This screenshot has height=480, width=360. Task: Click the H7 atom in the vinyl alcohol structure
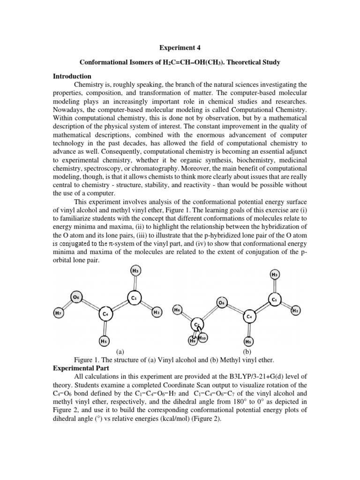[x=58, y=313]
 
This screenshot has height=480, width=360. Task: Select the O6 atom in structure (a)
[x=77, y=297]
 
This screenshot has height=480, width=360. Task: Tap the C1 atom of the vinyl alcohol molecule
[x=134, y=298]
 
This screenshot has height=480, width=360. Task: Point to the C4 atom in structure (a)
[x=106, y=314]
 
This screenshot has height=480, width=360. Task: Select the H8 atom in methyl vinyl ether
[x=177, y=310]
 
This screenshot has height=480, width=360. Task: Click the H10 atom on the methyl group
[x=202, y=337]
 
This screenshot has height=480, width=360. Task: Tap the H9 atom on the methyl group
[x=193, y=341]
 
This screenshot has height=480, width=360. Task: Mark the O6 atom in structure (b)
[x=222, y=302]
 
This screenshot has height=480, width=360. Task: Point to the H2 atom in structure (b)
[x=295, y=310]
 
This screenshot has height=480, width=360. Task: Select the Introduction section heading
[x=72, y=76]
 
